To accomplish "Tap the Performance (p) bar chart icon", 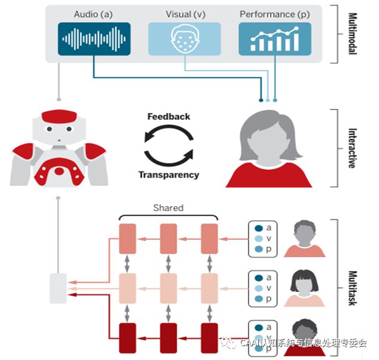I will (274, 39).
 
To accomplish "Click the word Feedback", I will (169, 117).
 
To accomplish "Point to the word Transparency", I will (169, 175).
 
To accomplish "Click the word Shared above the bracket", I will (168, 208).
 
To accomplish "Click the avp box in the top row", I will (262, 239).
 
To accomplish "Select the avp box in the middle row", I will (262, 288).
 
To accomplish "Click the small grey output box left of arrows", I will (58, 288).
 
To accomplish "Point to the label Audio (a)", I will (92, 14).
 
